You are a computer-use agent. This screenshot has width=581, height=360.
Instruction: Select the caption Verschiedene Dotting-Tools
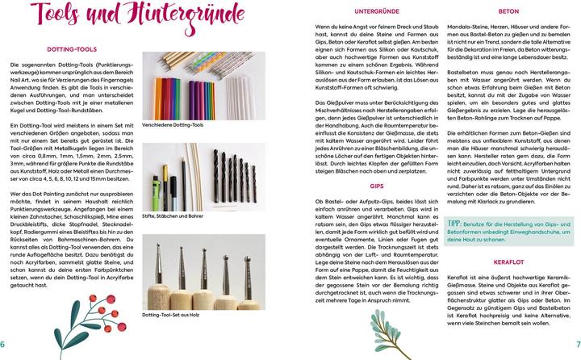173,126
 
